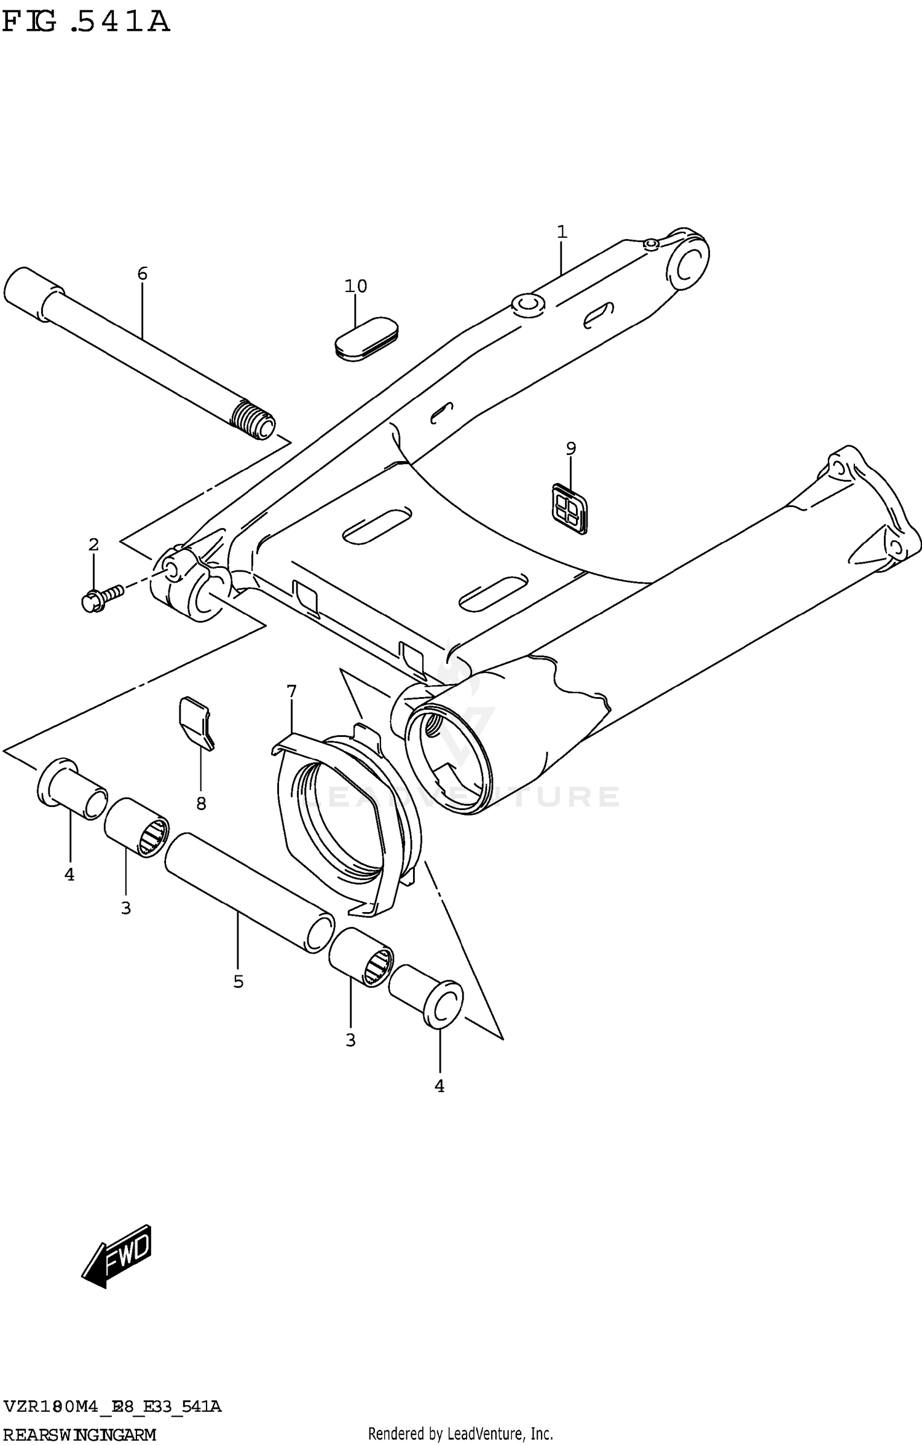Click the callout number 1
562,232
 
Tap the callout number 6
142,274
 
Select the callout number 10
355,286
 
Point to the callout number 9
571,449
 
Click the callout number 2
93,545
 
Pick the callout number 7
291,691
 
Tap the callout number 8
201,803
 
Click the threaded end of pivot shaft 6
254,420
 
